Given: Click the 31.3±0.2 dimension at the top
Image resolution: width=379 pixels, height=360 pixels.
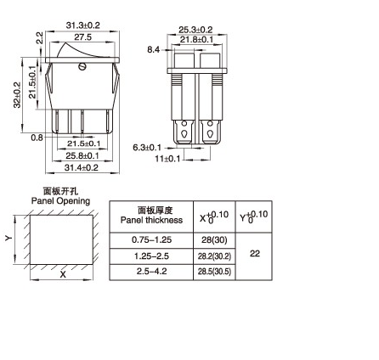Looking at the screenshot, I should (83, 26).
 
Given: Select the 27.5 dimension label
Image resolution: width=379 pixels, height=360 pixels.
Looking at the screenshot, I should (82, 37).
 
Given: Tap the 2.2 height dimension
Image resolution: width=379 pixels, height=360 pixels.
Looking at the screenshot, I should (37, 39).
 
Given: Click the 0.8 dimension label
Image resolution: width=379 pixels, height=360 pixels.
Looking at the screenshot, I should (37, 136).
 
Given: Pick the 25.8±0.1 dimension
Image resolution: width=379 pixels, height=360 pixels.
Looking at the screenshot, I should (82, 155).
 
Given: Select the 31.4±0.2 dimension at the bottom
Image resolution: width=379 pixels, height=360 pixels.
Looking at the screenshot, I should (82, 167).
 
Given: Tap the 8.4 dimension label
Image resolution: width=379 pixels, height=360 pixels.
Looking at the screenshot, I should (153, 50).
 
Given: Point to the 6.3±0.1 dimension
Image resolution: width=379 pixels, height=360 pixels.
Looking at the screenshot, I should (146, 148).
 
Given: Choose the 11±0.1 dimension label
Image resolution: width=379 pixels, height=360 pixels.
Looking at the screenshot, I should (166, 159).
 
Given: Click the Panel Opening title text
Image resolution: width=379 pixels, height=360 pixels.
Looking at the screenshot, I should (60, 200).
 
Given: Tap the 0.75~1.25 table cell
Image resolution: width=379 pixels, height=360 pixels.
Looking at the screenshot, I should (151, 240).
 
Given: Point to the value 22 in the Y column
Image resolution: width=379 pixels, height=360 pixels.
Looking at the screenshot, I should (254, 254).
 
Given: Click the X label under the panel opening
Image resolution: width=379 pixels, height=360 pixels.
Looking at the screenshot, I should (61, 276).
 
